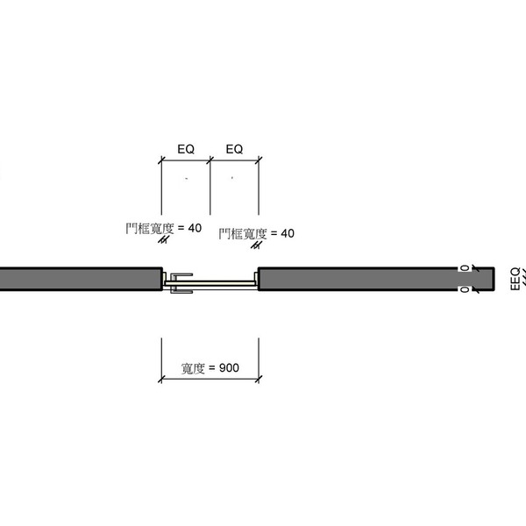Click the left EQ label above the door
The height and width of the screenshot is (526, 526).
click(x=186, y=149)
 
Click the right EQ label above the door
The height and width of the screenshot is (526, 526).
click(x=234, y=149)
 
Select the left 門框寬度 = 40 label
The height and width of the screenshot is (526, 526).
click(x=164, y=229)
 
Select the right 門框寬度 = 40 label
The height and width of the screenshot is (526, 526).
click(x=257, y=234)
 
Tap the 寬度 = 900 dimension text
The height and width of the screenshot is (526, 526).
click(x=210, y=368)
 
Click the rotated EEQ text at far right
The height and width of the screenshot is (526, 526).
click(x=515, y=279)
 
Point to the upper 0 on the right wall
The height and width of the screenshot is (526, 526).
click(x=465, y=267)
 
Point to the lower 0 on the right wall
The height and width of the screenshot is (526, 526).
click(x=465, y=289)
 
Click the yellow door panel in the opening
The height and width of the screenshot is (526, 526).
click(x=210, y=283)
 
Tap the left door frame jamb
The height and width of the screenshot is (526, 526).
click(x=164, y=279)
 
